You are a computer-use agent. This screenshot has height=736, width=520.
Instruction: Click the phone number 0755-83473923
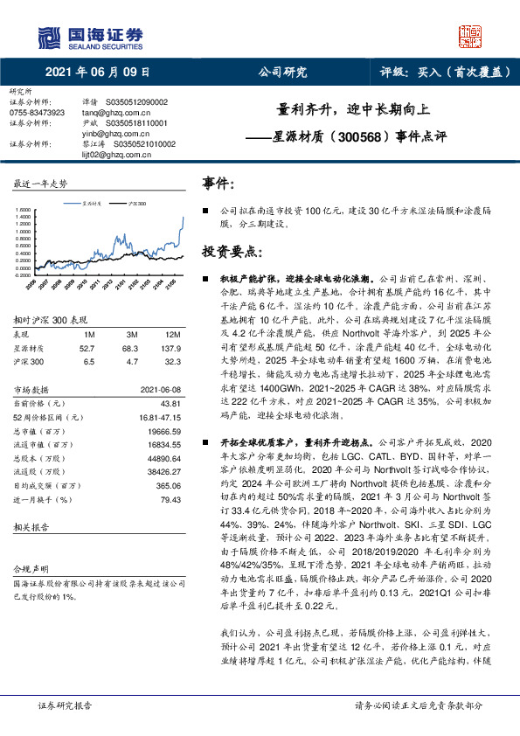tap(37, 113)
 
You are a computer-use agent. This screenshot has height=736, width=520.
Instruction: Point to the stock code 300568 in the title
tap(357, 137)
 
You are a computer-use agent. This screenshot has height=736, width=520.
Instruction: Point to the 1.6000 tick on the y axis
tap(23, 210)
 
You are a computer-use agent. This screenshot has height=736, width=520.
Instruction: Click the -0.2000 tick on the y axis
tap(22, 274)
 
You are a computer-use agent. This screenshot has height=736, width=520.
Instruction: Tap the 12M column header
tap(173, 335)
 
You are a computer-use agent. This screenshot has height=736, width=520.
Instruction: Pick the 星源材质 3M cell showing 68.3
tap(133, 347)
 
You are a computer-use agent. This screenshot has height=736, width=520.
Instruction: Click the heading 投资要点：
tap(232, 251)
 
